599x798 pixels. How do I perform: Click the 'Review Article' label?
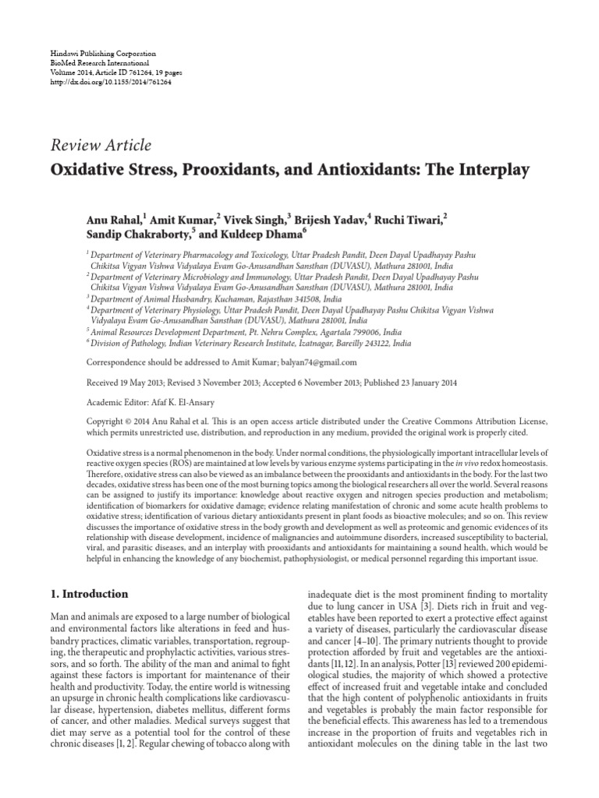(x=101, y=144)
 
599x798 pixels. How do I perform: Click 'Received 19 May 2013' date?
(x=122, y=383)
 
